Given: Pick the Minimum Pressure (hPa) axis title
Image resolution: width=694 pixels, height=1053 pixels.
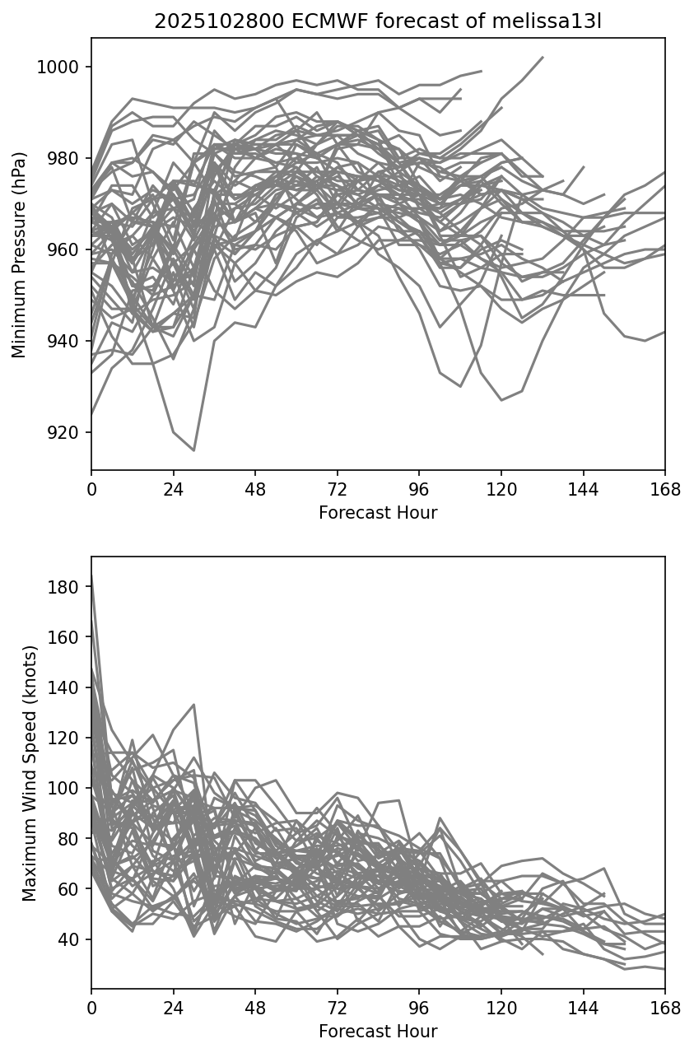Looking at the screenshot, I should [x=20, y=254].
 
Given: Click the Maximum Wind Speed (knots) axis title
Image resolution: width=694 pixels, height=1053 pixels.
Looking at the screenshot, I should [x=29, y=773].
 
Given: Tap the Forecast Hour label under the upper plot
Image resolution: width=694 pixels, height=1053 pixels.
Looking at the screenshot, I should [x=378, y=513].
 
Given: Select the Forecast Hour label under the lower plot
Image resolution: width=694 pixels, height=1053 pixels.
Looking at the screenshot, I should [x=378, y=1032].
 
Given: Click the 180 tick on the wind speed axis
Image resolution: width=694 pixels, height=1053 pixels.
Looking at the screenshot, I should [x=69, y=587].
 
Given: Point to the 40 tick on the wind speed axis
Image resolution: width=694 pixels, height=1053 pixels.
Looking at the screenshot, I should [x=72, y=939].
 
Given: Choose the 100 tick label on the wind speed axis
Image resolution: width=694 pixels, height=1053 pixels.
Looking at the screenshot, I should [x=69, y=788].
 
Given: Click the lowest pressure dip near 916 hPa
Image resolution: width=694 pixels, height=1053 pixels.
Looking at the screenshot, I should [x=194, y=450].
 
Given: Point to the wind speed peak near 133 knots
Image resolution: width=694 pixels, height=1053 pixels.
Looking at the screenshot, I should [x=194, y=705].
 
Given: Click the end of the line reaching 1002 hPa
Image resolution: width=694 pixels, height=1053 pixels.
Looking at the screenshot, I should [x=543, y=58].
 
